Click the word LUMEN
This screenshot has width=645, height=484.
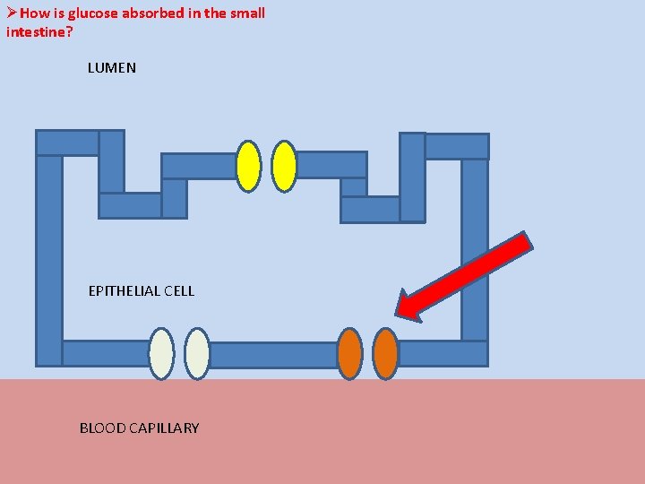click(x=112, y=68)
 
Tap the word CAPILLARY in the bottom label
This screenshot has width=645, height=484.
click(x=164, y=428)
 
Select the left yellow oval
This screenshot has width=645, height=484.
click(x=248, y=167)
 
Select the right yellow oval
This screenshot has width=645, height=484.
click(x=284, y=167)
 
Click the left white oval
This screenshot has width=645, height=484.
click(x=161, y=354)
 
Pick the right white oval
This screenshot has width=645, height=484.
click(x=197, y=354)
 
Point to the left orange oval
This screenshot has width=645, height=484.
click(x=349, y=354)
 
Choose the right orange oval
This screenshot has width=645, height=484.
click(x=385, y=354)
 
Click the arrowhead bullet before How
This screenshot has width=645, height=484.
click(x=10, y=13)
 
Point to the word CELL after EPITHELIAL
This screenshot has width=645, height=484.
click(x=178, y=291)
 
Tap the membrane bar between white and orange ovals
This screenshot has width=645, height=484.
click(x=273, y=355)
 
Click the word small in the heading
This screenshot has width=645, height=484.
click(x=247, y=13)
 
